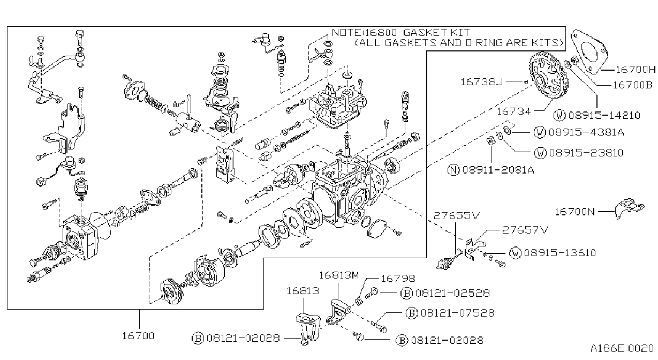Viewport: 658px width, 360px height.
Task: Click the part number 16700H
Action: point(636,70)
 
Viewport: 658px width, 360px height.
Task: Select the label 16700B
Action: point(632,85)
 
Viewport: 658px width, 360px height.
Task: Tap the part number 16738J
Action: point(482,82)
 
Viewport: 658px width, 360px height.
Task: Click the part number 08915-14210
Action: point(604,115)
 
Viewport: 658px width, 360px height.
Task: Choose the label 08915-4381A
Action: point(586,132)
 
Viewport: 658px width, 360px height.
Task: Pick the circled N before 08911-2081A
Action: point(453,170)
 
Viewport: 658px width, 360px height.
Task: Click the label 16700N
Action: point(574,212)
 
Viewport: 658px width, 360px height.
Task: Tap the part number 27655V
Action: point(456,216)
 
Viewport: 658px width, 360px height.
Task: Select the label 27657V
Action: point(525,229)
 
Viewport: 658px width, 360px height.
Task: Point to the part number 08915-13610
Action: point(560,253)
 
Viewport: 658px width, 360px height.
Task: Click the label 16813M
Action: point(339,275)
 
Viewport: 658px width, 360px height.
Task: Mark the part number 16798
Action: point(398,278)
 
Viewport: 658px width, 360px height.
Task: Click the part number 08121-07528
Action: point(457,313)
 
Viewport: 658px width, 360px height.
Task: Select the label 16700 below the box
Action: point(138,335)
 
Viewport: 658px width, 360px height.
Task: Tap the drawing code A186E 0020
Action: point(622,348)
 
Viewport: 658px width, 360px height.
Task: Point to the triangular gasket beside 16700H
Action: point(589,51)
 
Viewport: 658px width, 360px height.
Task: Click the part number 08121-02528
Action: point(452,293)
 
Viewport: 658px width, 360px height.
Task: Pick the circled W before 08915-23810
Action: point(540,153)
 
